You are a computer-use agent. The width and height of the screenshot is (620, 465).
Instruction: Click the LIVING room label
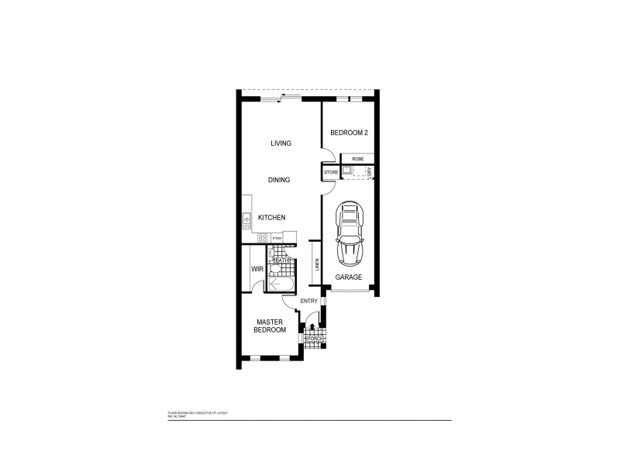(x=281, y=143)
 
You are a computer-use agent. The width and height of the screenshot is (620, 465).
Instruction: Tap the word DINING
(x=279, y=180)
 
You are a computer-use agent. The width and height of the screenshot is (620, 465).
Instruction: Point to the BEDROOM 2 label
(x=349, y=133)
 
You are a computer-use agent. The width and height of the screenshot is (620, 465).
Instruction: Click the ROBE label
(x=357, y=158)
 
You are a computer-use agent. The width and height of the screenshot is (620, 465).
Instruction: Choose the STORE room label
(x=330, y=171)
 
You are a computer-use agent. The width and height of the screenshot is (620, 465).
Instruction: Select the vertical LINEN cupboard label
(x=316, y=263)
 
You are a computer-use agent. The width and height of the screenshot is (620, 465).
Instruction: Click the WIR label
(x=257, y=269)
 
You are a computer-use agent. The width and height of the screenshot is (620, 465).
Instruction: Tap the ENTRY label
(x=308, y=301)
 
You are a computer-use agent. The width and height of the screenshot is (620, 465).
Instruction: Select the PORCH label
(x=315, y=339)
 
